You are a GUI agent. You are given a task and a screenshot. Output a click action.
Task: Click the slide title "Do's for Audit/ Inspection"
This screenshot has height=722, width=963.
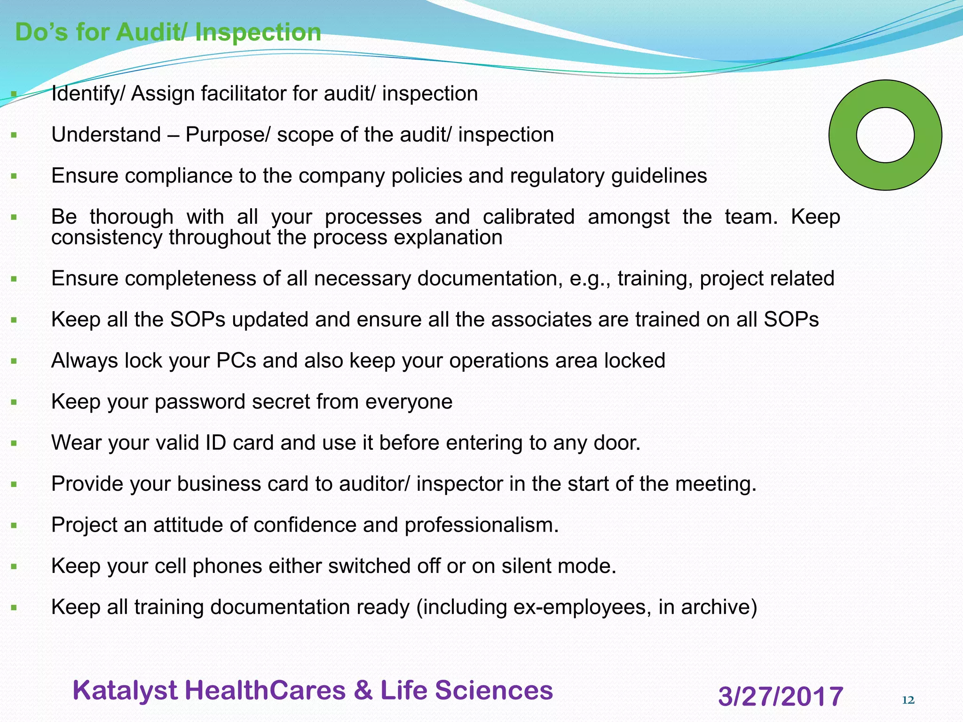click(168, 32)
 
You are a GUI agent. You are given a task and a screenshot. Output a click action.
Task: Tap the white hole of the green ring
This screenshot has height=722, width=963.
click(885, 135)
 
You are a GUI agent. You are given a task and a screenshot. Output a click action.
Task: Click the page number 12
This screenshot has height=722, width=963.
click(908, 700)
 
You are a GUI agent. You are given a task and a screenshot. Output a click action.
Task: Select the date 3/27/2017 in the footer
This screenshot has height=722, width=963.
click(781, 696)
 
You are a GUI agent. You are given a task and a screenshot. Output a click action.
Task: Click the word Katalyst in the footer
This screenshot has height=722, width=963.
click(125, 691)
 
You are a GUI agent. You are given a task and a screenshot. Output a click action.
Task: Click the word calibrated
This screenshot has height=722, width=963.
click(529, 217)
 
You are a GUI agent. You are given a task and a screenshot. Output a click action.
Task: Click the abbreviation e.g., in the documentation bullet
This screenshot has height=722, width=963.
click(590, 279)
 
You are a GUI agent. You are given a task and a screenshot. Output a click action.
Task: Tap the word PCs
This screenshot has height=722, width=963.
click(236, 361)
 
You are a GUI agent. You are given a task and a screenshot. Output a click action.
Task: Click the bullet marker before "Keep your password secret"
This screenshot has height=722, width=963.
click(14, 402)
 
